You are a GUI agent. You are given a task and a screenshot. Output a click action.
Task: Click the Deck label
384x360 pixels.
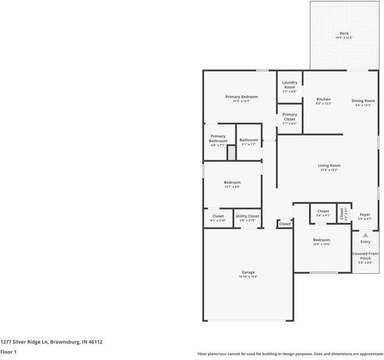[x=344, y=34]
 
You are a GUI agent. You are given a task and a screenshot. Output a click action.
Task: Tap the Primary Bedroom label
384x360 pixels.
[x=242, y=97]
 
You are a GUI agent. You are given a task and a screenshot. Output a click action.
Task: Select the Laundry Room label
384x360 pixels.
[x=289, y=85]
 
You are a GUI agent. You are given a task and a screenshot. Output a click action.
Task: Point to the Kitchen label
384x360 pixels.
[x=323, y=99]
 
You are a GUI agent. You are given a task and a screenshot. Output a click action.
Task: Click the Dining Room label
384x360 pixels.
[x=363, y=101]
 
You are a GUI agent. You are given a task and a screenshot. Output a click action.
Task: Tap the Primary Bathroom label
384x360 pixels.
[x=218, y=139]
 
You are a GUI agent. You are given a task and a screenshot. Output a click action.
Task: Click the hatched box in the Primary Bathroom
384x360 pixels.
[x=231, y=153]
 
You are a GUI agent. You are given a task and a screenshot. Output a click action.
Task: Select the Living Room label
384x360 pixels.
[x=329, y=166]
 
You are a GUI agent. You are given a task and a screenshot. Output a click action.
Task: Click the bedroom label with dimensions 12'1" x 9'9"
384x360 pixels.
[x=232, y=183]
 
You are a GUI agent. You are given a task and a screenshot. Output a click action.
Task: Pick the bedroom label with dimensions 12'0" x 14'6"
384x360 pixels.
[x=321, y=240]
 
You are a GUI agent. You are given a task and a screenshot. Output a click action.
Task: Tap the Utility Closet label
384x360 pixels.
[x=247, y=216]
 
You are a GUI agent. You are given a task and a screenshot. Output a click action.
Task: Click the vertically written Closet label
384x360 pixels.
[x=341, y=213]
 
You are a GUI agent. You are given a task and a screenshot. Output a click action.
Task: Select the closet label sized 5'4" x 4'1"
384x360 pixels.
[x=323, y=212]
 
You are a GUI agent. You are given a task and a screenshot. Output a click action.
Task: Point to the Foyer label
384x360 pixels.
[x=365, y=215]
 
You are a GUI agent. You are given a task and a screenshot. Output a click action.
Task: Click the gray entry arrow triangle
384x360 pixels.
[x=365, y=235]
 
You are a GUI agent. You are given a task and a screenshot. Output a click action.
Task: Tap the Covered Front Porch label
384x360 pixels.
[x=365, y=256]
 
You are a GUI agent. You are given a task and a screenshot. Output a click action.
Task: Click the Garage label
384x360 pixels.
[x=248, y=272]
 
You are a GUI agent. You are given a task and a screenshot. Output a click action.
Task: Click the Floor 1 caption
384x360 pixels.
[x=8, y=352]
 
